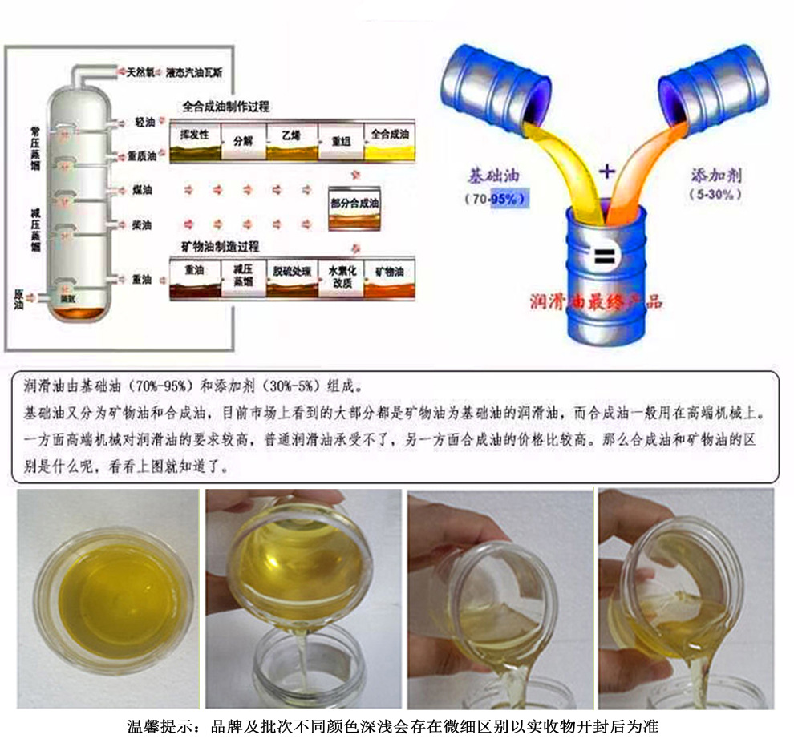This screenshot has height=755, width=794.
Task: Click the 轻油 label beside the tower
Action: [x=144, y=123]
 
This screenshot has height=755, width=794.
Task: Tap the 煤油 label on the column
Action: [x=143, y=190]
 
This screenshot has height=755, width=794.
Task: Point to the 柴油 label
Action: [x=143, y=224]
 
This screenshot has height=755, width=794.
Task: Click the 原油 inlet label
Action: [x=20, y=298]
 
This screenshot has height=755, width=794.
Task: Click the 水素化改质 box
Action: [x=341, y=277]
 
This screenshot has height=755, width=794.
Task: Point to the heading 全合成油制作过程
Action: [x=226, y=105]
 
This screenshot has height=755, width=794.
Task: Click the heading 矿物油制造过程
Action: [x=226, y=245]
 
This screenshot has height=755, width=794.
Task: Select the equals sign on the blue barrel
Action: [x=603, y=257]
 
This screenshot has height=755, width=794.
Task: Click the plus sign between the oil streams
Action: [x=607, y=170]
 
